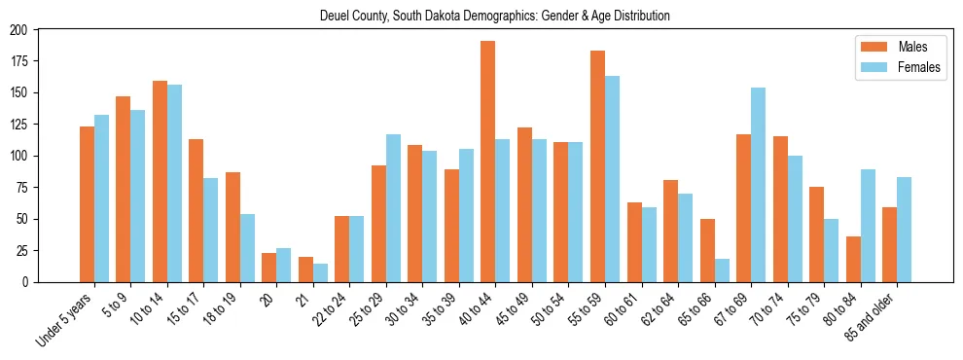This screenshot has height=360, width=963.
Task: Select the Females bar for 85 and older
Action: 905,230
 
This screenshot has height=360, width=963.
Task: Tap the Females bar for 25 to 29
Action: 393,208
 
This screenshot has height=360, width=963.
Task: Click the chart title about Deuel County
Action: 495,16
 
